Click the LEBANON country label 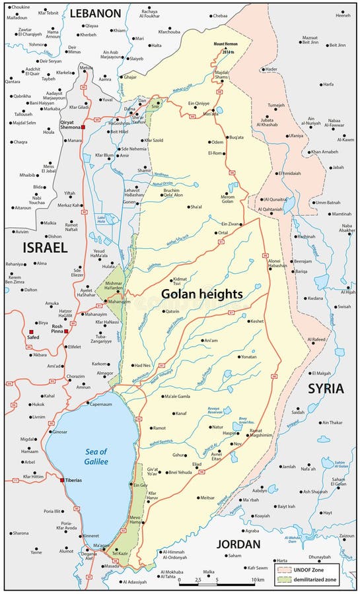pos(96,13)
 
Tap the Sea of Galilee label pos(87,453)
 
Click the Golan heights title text pos(202,293)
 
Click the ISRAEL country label pos(45,247)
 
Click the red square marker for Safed pos(31,331)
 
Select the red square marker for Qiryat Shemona pos(84,127)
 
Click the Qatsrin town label pos(172,311)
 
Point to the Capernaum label pos(101,403)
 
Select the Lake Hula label pos(102,219)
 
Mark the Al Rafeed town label pos(317,339)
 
